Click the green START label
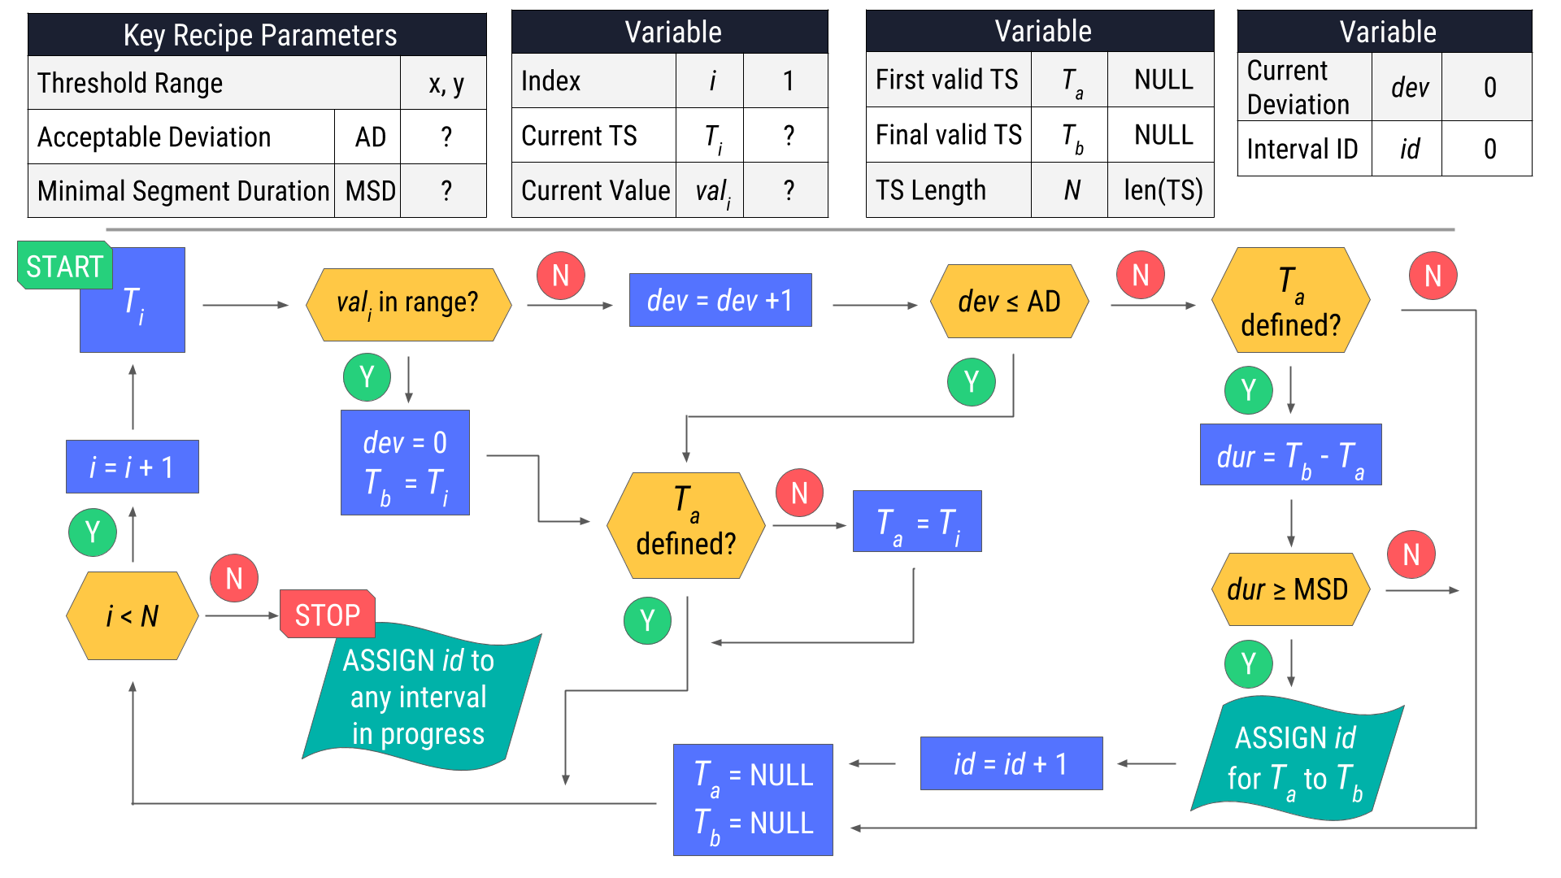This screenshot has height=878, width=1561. [x=64, y=266]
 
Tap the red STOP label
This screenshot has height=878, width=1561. [x=327, y=615]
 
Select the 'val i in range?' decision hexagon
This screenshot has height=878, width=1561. [x=408, y=304]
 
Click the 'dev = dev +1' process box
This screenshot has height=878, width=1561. [x=720, y=300]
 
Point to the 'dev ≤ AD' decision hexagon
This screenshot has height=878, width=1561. [x=1009, y=302]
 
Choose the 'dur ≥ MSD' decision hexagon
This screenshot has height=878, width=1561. [x=1288, y=589]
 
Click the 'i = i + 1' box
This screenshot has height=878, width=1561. [x=132, y=467]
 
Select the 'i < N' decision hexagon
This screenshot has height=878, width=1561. [x=132, y=615]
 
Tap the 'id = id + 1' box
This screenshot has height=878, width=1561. [x=1011, y=763]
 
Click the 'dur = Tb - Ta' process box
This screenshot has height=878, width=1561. [x=1290, y=455]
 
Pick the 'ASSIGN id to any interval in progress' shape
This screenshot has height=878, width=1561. [x=419, y=697]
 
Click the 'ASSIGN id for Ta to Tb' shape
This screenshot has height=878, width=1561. [x=1295, y=759]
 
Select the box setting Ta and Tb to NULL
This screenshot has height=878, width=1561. [x=753, y=799]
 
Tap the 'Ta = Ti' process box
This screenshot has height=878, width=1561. [x=916, y=521]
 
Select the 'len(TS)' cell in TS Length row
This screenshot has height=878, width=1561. [x=1162, y=190]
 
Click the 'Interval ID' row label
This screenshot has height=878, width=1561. [x=1302, y=149]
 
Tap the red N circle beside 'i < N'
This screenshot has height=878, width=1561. [x=234, y=578]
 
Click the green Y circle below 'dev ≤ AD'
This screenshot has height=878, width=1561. [x=972, y=381]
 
